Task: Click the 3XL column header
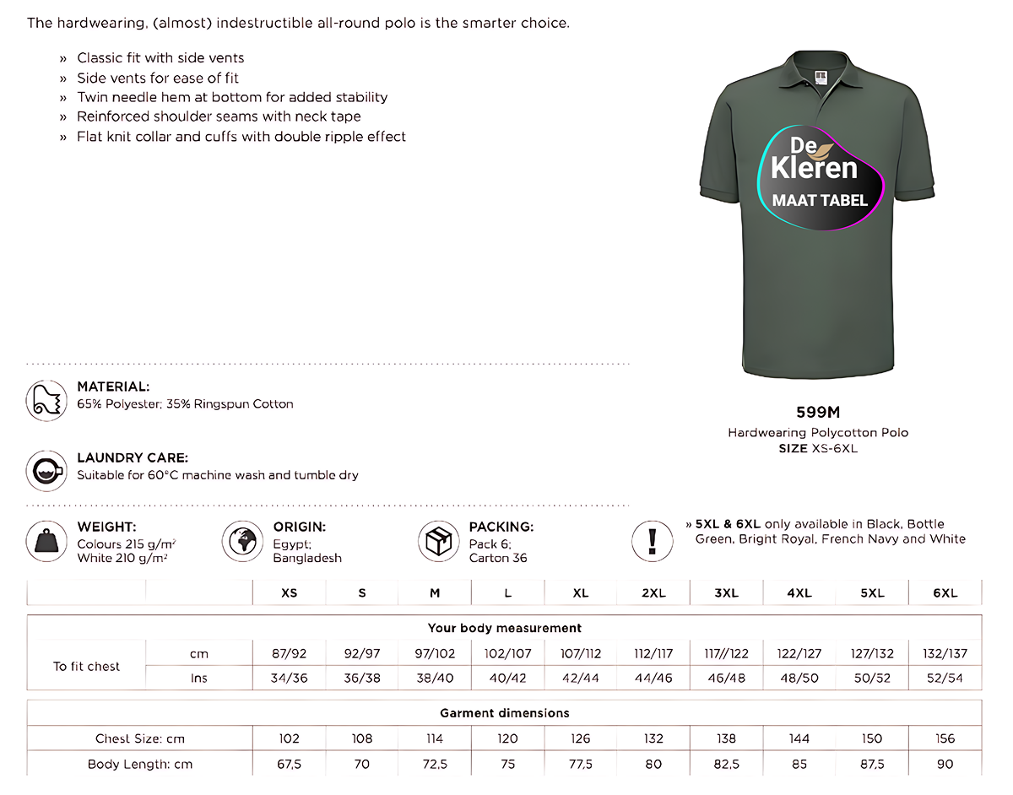point(726,593)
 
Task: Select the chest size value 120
point(507,738)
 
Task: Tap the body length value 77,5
point(581,765)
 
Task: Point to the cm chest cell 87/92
point(290,653)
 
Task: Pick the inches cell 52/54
point(945,679)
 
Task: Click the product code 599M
point(818,413)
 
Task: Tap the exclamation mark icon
point(653,540)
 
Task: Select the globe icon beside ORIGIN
point(242,541)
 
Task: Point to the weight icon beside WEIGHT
point(46,541)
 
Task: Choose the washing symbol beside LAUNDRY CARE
point(46,470)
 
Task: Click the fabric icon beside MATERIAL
point(46,399)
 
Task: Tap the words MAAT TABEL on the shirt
point(820,201)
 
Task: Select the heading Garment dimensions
point(505,713)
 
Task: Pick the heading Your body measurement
point(505,628)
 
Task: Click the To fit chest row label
point(87,666)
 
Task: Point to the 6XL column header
point(945,593)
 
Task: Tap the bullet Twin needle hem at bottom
point(232,97)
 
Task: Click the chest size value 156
point(945,738)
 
